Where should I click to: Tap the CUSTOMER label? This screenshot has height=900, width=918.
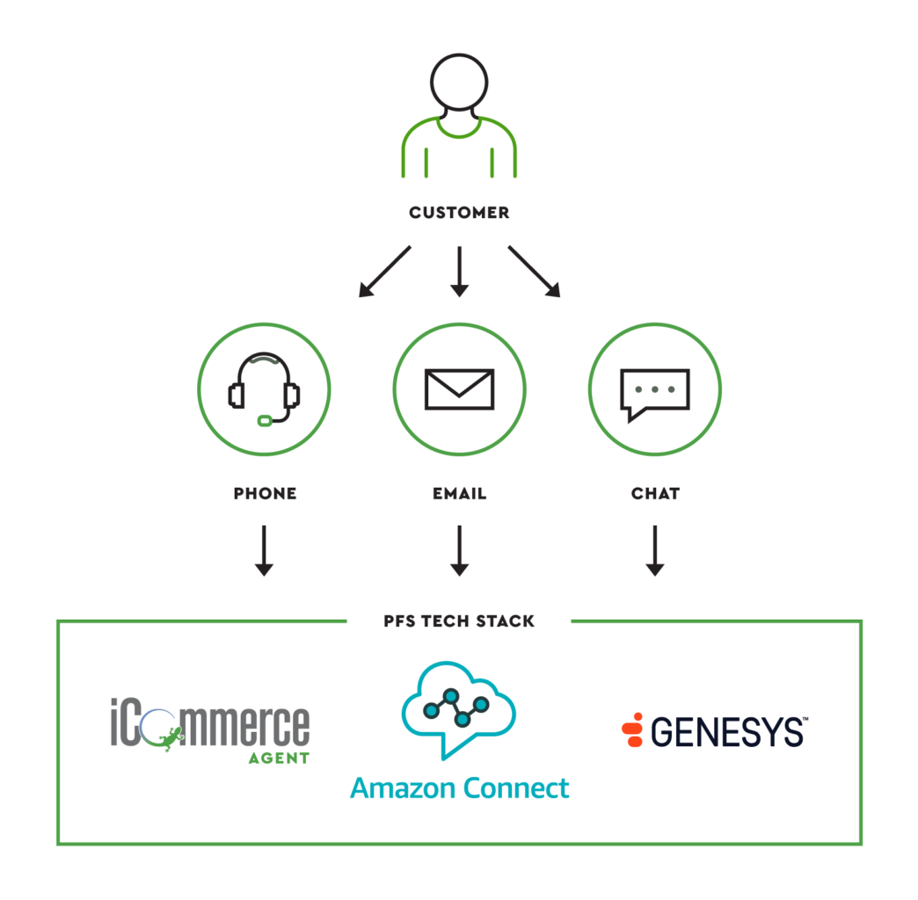click(459, 213)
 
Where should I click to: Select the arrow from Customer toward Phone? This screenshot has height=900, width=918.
click(385, 271)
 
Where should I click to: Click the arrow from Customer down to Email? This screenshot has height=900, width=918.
click(459, 271)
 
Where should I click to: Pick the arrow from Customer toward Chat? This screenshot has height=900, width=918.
click(533, 271)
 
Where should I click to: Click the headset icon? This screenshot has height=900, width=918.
click(264, 389)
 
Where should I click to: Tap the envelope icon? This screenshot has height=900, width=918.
click(459, 389)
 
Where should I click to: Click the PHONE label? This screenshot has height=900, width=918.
click(265, 494)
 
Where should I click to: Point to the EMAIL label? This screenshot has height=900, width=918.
click(459, 494)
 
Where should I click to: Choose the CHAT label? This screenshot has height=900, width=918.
click(655, 494)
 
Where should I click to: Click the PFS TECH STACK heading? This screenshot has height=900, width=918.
click(459, 621)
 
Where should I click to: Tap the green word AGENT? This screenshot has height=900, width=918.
click(278, 758)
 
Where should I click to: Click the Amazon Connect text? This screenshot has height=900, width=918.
click(459, 788)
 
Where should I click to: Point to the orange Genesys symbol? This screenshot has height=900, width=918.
click(632, 730)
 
